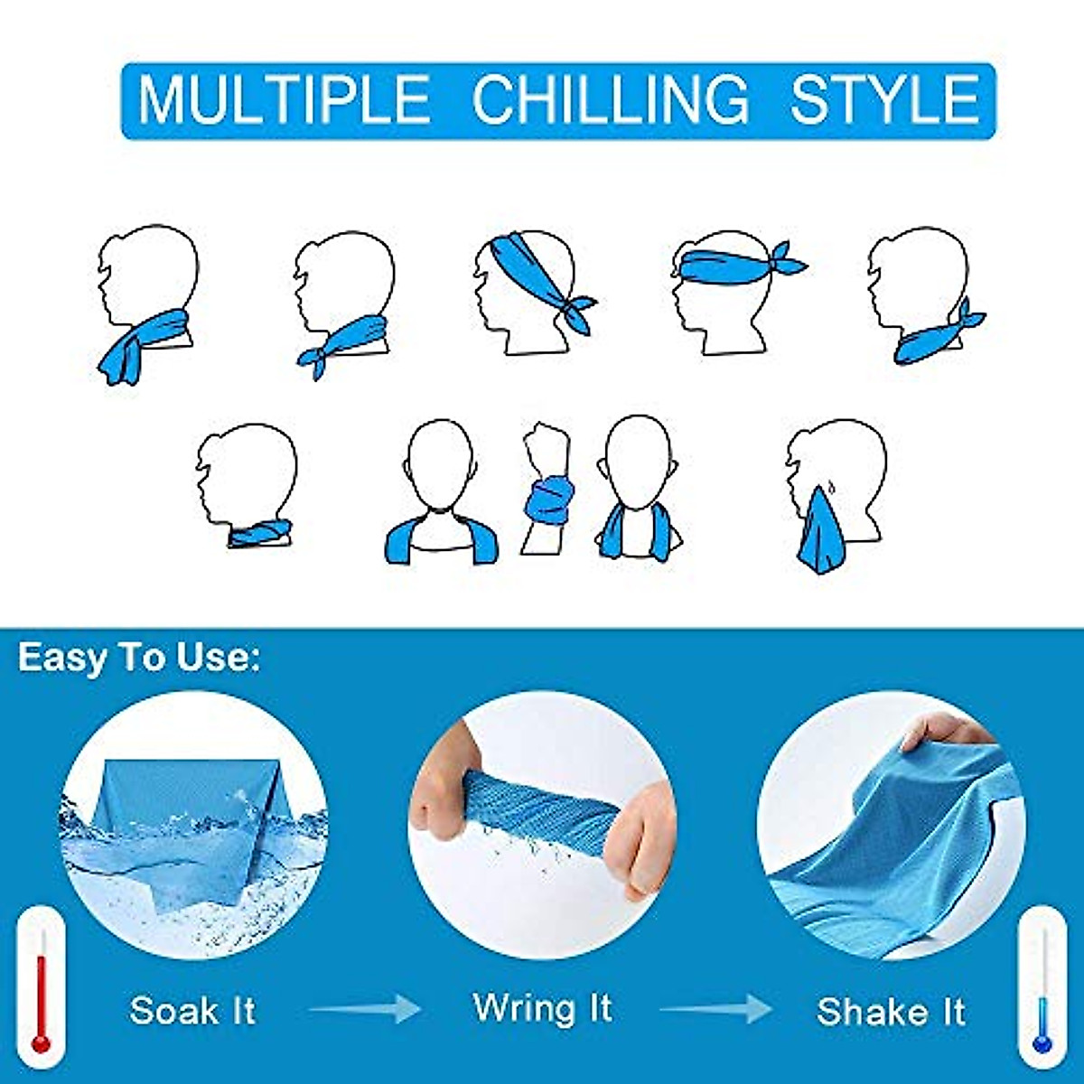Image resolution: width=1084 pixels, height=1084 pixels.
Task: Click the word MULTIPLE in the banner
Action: point(284,99)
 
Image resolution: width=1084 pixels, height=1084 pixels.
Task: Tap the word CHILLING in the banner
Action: point(610,99)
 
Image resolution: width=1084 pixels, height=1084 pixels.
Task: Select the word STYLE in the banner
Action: point(884,99)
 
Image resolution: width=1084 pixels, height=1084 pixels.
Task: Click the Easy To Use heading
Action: point(139,658)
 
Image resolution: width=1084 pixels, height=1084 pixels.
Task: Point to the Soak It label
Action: point(192,1010)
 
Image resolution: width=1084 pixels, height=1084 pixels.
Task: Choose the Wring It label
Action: point(542,1007)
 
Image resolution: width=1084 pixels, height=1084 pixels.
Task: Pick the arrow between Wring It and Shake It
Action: point(715,1009)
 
